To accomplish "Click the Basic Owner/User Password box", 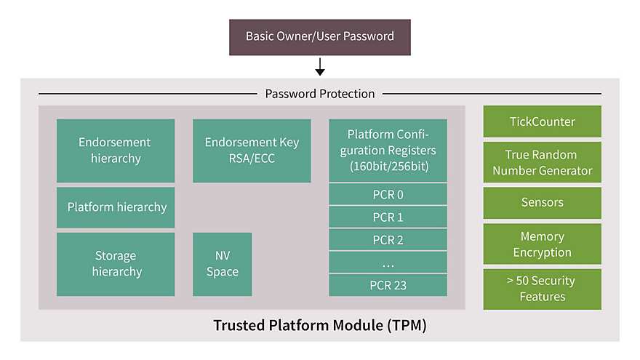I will (320, 37).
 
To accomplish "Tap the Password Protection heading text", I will (320, 94).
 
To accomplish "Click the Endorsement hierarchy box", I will (116, 151).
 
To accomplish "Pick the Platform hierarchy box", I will (116, 207).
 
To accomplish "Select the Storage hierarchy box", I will (116, 264).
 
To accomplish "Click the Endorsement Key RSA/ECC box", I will (252, 151).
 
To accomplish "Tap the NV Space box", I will (222, 264).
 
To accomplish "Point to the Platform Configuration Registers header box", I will (388, 151).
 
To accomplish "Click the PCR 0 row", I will (388, 194).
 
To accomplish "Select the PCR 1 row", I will (388, 217).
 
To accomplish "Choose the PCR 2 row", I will (388, 239).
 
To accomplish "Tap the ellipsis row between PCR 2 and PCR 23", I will (388, 262).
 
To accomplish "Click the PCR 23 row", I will (388, 285).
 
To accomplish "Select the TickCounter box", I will (542, 121).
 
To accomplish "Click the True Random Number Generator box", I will (542, 162).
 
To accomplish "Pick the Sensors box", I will (542, 203).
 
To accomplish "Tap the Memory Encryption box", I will (542, 244).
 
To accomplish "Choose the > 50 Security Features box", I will (542, 289).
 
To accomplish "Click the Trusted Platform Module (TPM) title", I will (320, 325).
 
